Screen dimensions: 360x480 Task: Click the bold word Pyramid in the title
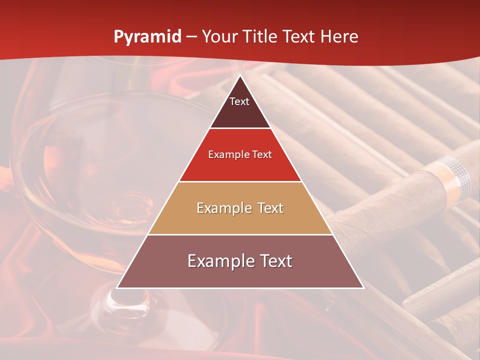click(147, 37)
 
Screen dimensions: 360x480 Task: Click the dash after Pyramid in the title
click(191, 37)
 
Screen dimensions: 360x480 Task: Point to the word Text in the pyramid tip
click(239, 101)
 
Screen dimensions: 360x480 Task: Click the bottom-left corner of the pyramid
click(117, 287)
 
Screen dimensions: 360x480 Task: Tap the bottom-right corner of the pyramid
click(363, 287)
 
